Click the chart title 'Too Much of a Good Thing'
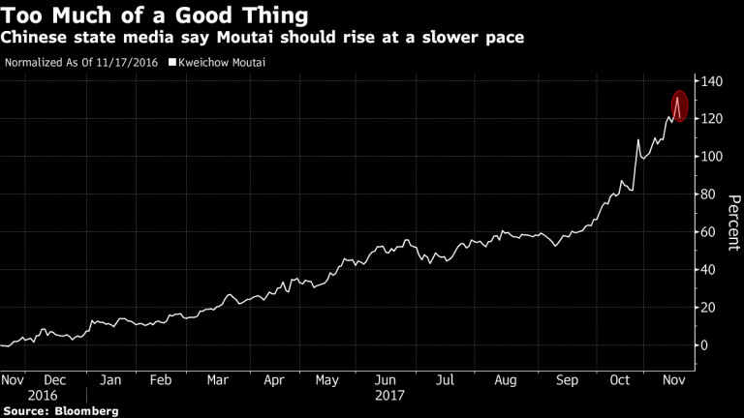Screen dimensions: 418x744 (x=155, y=15)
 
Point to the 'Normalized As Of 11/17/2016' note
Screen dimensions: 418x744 (x=82, y=63)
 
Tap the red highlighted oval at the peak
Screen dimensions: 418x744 (x=679, y=105)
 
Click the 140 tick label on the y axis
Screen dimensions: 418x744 (x=712, y=80)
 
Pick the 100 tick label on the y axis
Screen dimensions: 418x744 (x=712, y=156)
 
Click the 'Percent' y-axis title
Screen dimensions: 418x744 (x=733, y=222)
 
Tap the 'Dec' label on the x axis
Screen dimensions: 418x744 (x=55, y=380)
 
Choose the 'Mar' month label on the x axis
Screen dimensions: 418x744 (x=219, y=380)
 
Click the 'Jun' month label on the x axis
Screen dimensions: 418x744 (x=386, y=380)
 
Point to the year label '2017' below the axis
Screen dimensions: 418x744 (x=390, y=395)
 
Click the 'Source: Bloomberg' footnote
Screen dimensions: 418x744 (x=60, y=411)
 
